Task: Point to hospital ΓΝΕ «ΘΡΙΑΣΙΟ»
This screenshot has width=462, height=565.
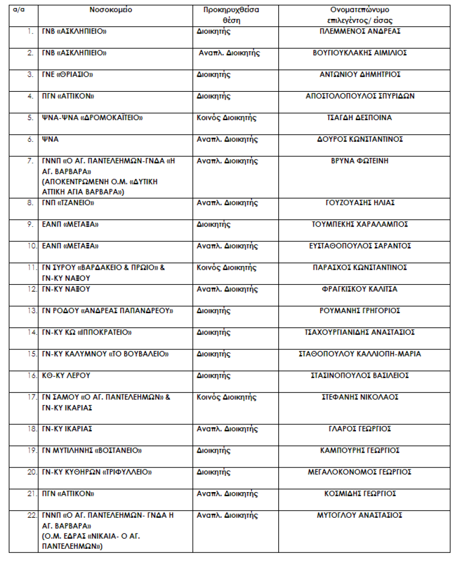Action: tap(68, 74)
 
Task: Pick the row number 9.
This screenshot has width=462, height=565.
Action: tap(29, 225)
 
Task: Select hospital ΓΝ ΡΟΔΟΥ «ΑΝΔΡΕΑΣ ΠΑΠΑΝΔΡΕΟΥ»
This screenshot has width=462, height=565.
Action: tap(108, 311)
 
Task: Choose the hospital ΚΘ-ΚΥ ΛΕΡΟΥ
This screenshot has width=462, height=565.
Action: tap(66, 375)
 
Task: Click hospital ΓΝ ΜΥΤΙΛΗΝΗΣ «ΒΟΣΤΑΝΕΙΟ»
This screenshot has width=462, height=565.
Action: tap(92, 451)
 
